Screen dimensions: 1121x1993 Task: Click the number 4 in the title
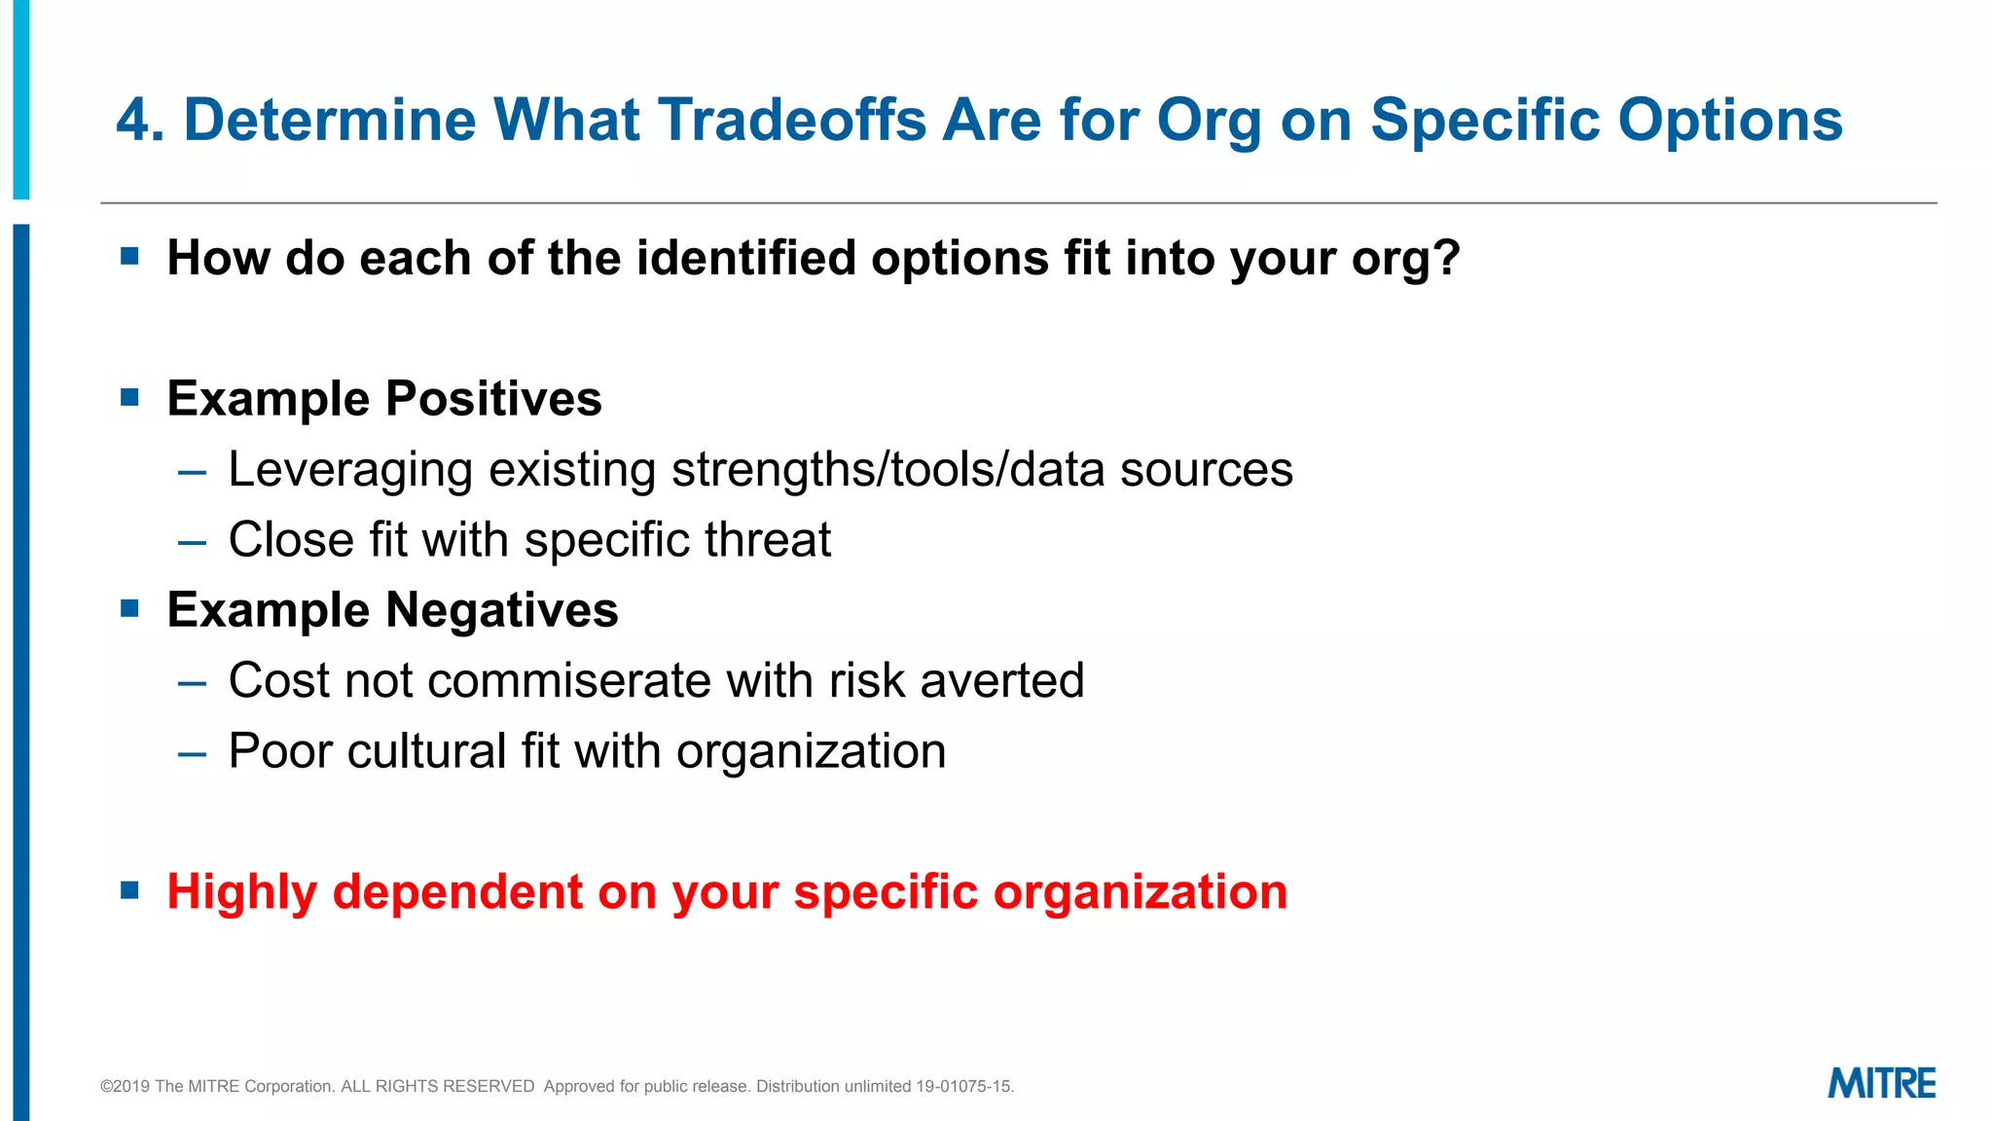[x=132, y=121]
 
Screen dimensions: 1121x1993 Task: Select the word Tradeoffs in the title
[x=792, y=121]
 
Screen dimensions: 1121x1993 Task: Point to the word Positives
[x=493, y=399]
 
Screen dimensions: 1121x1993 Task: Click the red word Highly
[x=242, y=892]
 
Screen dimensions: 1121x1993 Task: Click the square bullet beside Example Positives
[x=130, y=397]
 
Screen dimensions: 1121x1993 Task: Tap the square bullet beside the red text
[x=130, y=890]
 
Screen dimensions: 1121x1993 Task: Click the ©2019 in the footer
[x=125, y=1087]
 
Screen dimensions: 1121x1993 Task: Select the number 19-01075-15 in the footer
[x=963, y=1087]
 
